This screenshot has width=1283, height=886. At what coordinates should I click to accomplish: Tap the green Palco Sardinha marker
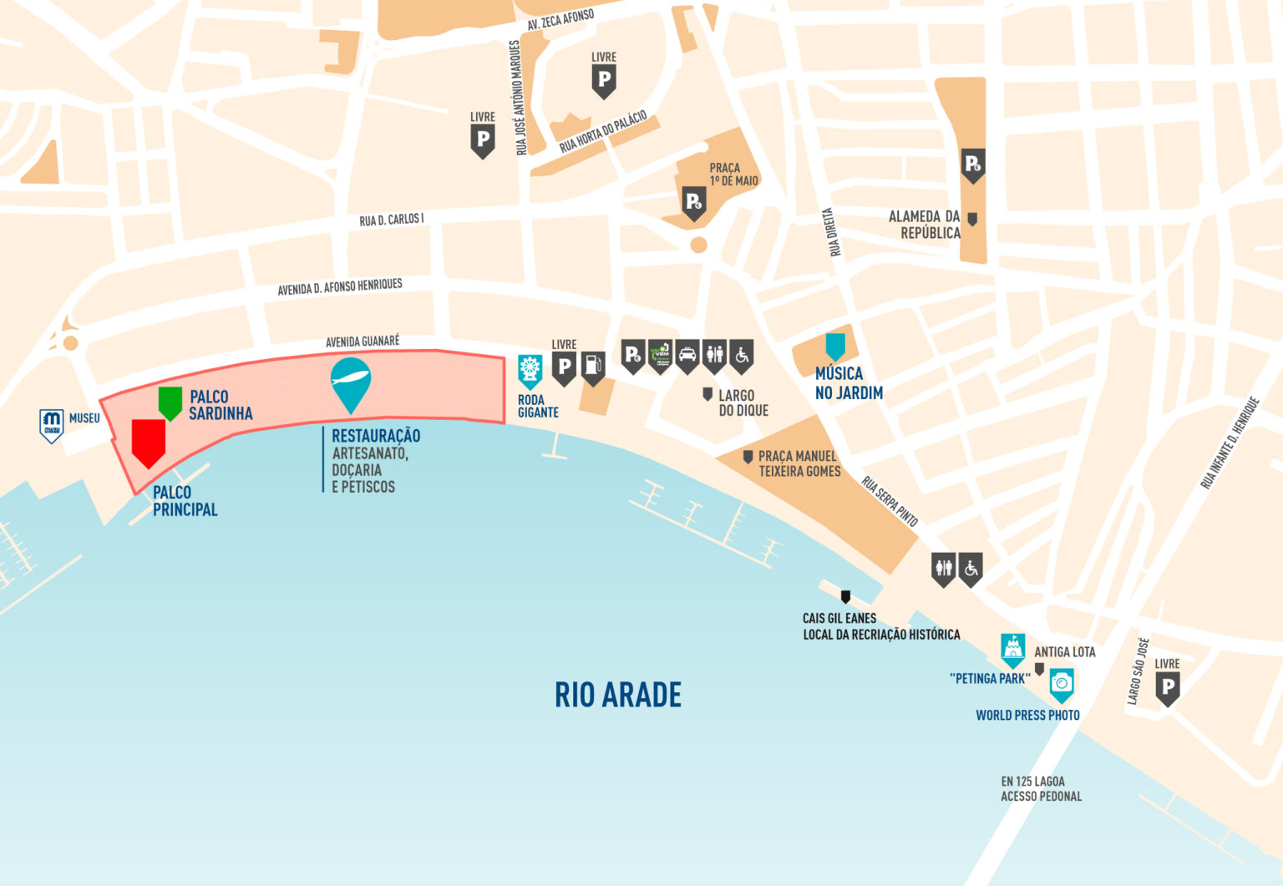tap(170, 402)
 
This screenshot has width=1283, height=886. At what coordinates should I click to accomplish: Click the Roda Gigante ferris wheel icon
tap(530, 370)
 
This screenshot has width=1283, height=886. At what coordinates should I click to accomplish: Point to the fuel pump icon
tap(593, 366)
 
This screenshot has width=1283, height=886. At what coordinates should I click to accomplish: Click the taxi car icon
tap(687, 356)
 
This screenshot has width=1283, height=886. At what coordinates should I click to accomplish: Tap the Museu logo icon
tap(52, 424)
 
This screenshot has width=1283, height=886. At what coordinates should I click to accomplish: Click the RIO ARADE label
tap(618, 695)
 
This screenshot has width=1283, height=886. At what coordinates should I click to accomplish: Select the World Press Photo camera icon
tap(1062, 684)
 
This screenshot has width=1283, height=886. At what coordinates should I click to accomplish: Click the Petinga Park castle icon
tap(1013, 649)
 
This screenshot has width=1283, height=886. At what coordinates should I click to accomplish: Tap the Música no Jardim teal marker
tap(835, 346)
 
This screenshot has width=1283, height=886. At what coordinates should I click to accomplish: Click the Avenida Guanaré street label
tap(363, 342)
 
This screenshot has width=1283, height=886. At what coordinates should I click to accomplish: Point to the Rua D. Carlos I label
tap(392, 220)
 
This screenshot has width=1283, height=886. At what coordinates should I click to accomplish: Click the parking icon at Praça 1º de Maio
tap(694, 203)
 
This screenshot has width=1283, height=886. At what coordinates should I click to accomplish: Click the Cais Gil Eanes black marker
tap(845, 596)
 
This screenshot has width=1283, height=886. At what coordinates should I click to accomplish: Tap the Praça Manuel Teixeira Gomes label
tap(799, 463)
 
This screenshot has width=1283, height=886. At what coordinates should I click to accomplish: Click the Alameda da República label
tap(925, 225)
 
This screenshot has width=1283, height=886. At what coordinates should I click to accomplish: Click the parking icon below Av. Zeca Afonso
tap(604, 81)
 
